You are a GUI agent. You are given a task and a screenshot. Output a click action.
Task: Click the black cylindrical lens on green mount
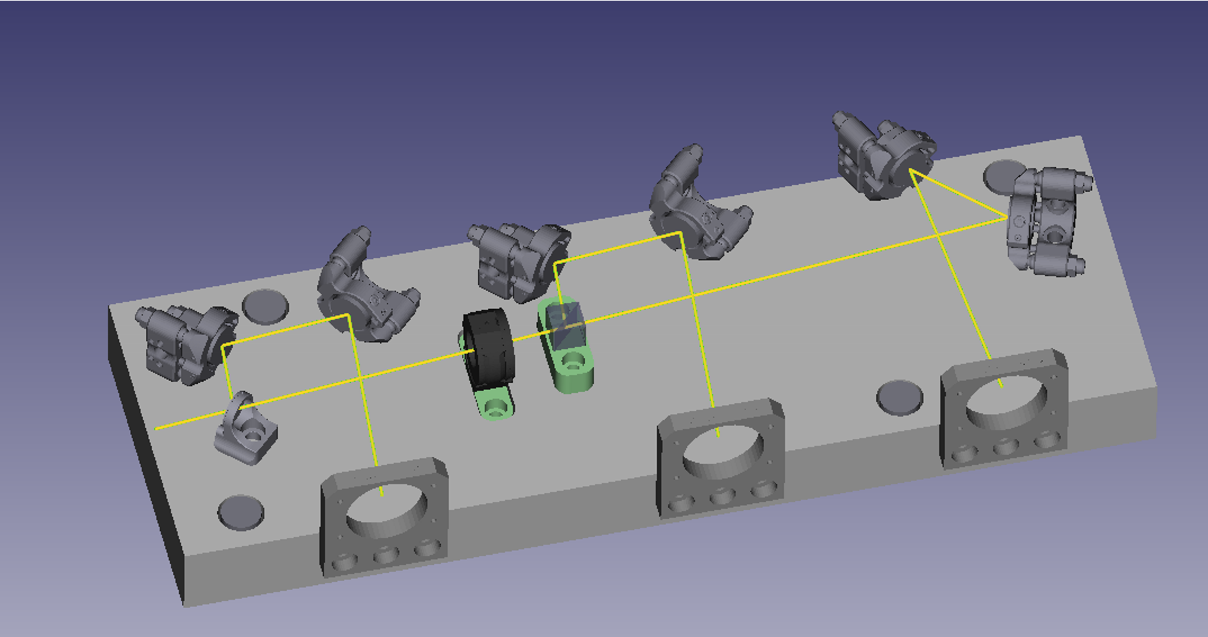(x=488, y=350)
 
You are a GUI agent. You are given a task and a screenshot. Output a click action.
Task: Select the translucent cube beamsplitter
(x=564, y=327)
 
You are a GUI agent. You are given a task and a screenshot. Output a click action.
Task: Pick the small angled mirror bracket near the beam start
(x=246, y=428)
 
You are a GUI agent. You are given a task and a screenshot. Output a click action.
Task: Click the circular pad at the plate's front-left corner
(x=241, y=512)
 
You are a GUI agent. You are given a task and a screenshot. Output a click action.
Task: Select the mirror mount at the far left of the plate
(x=185, y=344)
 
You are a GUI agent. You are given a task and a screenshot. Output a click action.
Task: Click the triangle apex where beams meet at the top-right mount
(x=910, y=171)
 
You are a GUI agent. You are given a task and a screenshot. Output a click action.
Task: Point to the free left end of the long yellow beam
(x=157, y=427)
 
